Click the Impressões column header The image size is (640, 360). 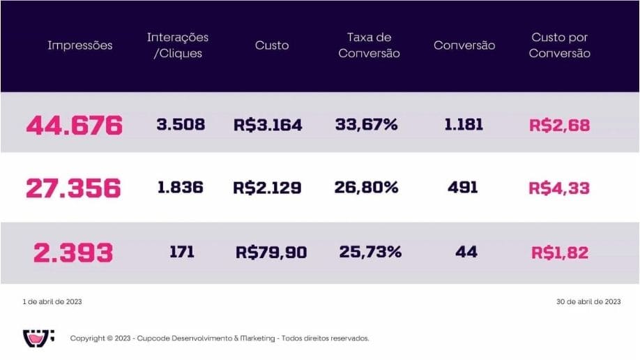pyautogui.click(x=79, y=45)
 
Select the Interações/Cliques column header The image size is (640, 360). pyautogui.click(x=177, y=45)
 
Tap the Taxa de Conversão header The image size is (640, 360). pyautogui.click(x=369, y=45)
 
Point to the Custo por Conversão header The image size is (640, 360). pyautogui.click(x=559, y=45)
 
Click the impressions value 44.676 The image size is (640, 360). pyautogui.click(x=74, y=126)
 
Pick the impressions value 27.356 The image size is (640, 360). pyautogui.click(x=73, y=188)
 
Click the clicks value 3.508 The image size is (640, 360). pyautogui.click(x=180, y=125)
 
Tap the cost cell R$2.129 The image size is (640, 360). pyautogui.click(x=268, y=188)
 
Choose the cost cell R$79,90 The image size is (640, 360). pyautogui.click(x=271, y=252)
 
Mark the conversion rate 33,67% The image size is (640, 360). pyautogui.click(x=366, y=125)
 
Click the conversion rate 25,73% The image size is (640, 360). pyautogui.click(x=370, y=252)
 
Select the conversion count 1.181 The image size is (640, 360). pyautogui.click(x=464, y=125)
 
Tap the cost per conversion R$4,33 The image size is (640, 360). pyautogui.click(x=559, y=188)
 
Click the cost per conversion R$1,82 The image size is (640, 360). pyautogui.click(x=559, y=252)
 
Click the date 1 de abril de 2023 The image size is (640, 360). pyautogui.click(x=52, y=302)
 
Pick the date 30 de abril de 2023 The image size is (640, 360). pyautogui.click(x=588, y=302)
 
